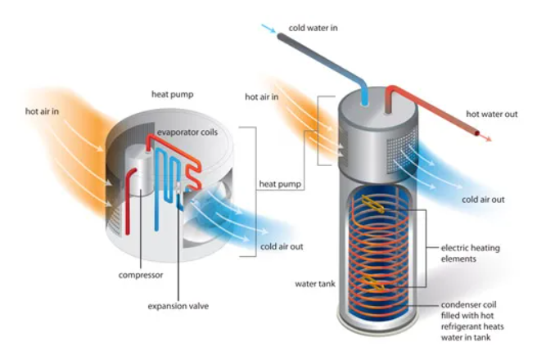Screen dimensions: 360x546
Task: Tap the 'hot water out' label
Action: pos(491,114)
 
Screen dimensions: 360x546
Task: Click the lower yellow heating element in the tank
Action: pos(377,286)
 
